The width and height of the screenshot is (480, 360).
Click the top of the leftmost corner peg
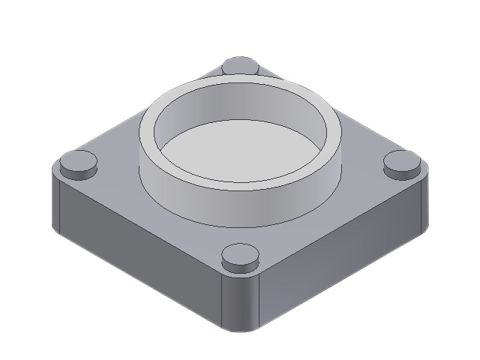[x=78, y=160]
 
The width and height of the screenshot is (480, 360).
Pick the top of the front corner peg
[x=240, y=253]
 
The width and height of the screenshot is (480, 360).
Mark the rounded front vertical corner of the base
[x=241, y=304]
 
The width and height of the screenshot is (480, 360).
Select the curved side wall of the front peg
[x=240, y=267]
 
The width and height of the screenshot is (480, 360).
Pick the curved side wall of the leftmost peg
[x=78, y=172]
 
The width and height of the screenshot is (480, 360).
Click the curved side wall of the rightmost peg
[x=402, y=172]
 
